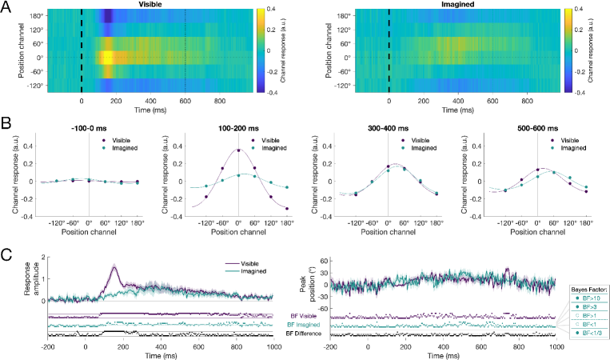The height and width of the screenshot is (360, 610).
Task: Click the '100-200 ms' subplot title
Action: [x=238, y=128]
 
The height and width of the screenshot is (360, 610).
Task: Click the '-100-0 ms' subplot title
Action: [x=89, y=128]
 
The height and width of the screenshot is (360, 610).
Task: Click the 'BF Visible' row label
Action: [x=297, y=316]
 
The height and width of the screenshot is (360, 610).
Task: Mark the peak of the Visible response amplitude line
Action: [x=114, y=268]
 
